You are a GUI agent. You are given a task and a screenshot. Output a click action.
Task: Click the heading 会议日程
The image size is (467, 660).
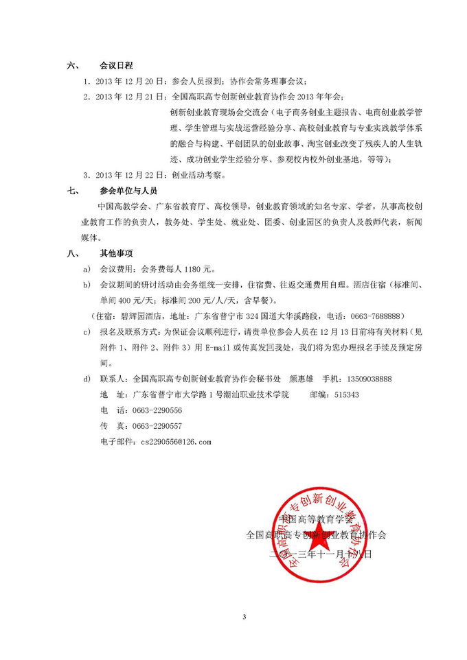coord(115,67)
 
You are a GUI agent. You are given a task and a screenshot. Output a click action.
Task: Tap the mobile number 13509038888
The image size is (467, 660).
coord(369,379)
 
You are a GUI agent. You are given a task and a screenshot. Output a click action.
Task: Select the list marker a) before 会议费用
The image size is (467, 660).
coord(87,269)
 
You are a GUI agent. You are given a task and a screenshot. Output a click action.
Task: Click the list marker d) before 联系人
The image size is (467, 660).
coord(87,379)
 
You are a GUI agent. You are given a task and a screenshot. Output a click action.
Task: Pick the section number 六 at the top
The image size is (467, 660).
coord(71,67)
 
